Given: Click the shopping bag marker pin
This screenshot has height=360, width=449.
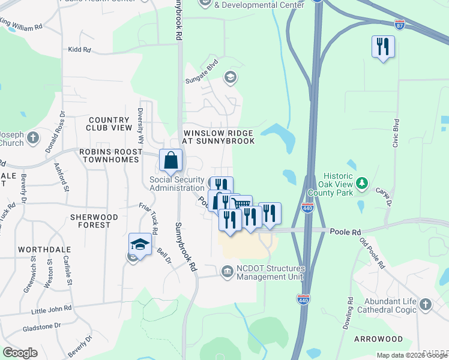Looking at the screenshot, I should point(171,161).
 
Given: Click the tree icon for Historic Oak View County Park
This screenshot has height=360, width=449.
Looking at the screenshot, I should point(362,182).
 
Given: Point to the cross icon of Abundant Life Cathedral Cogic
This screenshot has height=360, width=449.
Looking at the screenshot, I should point(426,304).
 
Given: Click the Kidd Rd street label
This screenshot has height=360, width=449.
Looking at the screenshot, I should point(79,50).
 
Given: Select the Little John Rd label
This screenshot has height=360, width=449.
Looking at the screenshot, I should point(52,308).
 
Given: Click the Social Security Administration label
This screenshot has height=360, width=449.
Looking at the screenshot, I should point(177,184).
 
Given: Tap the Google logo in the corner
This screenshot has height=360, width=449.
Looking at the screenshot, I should point(20,353).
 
